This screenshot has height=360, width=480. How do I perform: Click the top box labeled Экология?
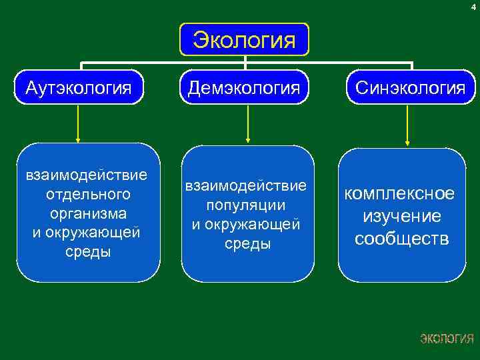point(245,41)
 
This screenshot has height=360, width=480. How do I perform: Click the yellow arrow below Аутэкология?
point(79,123)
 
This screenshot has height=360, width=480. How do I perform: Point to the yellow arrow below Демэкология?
point(248,123)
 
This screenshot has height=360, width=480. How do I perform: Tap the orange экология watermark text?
point(447,339)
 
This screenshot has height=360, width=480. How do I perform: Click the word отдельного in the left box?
point(88,195)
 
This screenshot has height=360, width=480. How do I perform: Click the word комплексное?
point(399,193)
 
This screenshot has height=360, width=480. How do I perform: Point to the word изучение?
point(401,216)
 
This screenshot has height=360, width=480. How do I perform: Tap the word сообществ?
point(401,238)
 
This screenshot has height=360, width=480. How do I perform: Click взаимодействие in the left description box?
point(86,175)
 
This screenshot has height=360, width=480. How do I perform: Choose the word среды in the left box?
point(88,252)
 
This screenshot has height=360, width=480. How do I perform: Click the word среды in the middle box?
point(247,244)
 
